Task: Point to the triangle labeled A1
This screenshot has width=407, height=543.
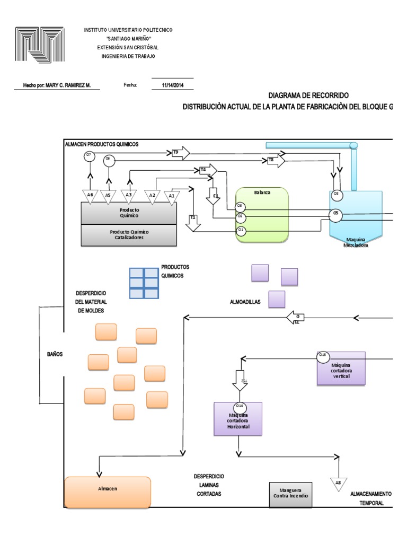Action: pyautogui.click(x=171, y=196)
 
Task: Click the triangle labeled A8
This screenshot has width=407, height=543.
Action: pyautogui.click(x=339, y=483)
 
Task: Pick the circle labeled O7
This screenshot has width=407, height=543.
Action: pyautogui.click(x=89, y=155)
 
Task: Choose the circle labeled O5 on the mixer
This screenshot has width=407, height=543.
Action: pyautogui.click(x=334, y=215)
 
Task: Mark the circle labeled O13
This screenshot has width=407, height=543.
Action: pyautogui.click(x=323, y=357)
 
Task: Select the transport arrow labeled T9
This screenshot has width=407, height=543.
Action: pyautogui.click(x=180, y=153)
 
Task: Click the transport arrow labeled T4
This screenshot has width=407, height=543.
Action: pyautogui.click(x=208, y=170)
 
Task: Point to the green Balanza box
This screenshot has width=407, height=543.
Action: pyautogui.click(x=262, y=215)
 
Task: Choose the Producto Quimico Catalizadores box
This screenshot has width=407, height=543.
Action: pyautogui.click(x=129, y=235)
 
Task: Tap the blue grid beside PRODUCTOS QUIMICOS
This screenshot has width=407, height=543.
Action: pyautogui.click(x=144, y=283)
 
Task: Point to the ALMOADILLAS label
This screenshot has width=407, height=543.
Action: pyautogui.click(x=245, y=303)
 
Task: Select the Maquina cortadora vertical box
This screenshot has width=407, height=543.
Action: pyautogui.click(x=341, y=369)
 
